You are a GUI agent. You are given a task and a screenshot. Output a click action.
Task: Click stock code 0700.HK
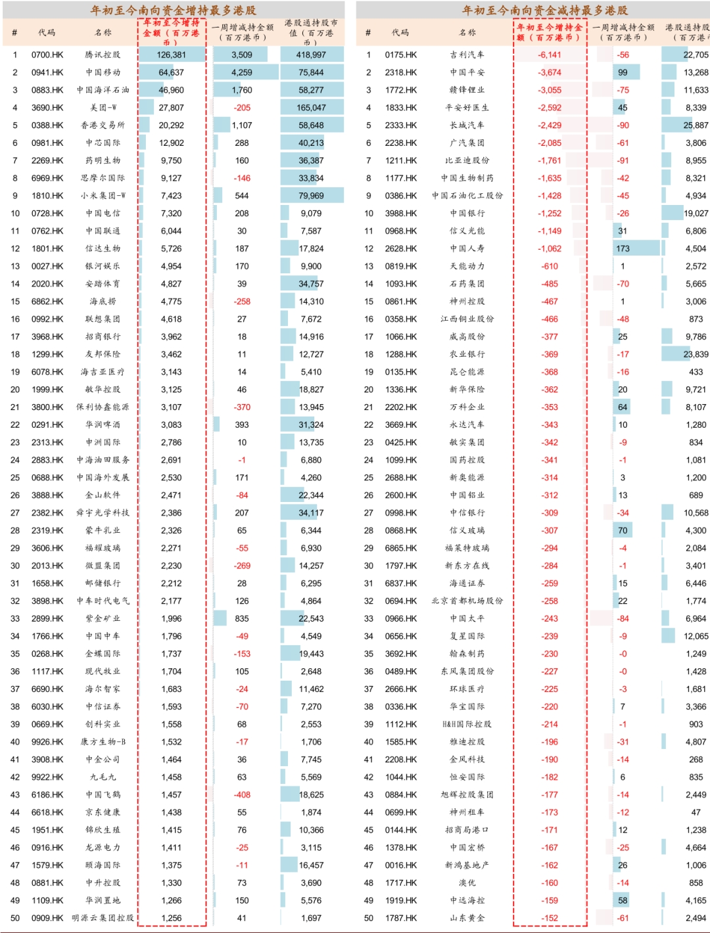pos(47,55)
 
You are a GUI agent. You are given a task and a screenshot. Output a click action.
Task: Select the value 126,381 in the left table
pos(172,55)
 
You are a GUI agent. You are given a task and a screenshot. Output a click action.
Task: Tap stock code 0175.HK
pos(401,55)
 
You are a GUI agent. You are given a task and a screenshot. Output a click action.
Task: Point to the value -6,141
pos(550,55)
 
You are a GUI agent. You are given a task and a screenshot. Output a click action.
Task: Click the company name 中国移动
pos(103,73)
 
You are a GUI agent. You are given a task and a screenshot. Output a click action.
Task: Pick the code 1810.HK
pos(47,196)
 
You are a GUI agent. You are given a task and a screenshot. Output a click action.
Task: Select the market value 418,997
pos(311,55)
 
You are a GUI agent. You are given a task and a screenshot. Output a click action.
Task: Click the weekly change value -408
pos(242,795)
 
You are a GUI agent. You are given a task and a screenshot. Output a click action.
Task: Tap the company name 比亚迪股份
pos(467,160)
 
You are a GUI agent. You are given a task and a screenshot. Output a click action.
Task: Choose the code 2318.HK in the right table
pos(401,73)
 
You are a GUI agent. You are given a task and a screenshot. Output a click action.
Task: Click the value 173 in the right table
pos(623,249)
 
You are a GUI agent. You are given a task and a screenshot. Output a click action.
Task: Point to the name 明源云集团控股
pos(103,919)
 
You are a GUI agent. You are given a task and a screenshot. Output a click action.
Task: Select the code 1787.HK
pos(401,919)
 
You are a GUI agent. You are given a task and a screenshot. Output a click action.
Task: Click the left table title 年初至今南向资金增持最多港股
pos(173,11)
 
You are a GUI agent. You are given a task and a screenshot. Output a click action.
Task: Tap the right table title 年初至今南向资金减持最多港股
pos(545,11)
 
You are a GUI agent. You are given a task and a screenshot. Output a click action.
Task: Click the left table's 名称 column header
pos(103,32)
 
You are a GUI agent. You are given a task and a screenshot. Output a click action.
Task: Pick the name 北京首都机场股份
pos(467,601)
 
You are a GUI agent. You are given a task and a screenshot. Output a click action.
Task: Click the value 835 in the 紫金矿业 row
pos(242,619)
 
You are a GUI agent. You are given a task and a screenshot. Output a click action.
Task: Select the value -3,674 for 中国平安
pos(550,73)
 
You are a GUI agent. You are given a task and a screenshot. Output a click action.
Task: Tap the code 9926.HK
pos(47,742)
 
